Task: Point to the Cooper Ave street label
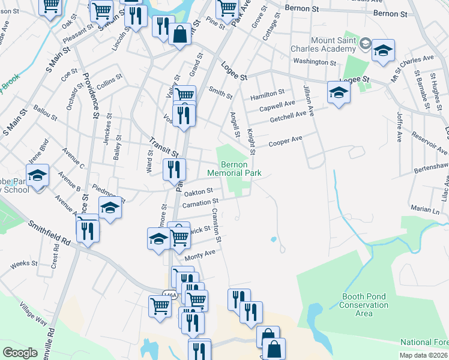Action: point(285,142)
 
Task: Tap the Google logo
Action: point(20,353)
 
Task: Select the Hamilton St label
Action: point(268,94)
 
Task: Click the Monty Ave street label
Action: point(200,256)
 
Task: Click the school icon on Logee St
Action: point(339,92)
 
